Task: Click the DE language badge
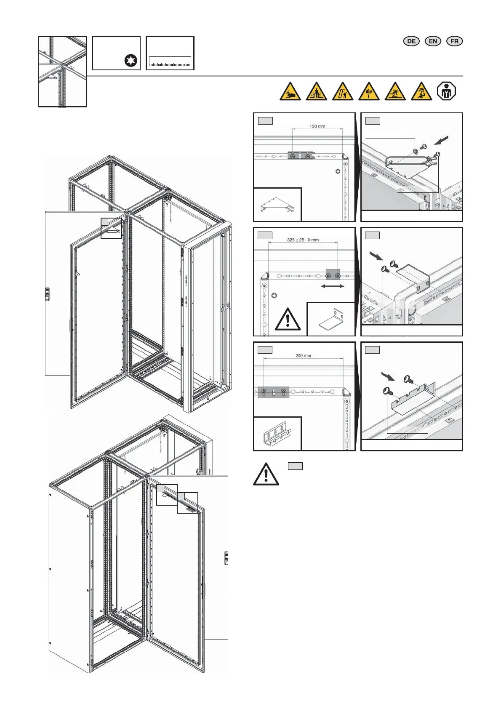[x=411, y=41]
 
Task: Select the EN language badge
[x=433, y=41]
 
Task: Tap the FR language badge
[x=454, y=41]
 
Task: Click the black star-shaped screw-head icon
[x=131, y=61]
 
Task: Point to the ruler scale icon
[x=170, y=62]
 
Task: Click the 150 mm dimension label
[x=317, y=126]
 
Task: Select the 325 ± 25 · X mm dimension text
[x=303, y=240]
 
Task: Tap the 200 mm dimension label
[x=303, y=355]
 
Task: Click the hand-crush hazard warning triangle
[x=290, y=92]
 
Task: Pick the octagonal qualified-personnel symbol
[x=447, y=91]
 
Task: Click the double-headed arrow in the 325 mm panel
[x=333, y=286]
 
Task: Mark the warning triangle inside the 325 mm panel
[x=288, y=320]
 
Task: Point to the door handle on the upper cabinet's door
[x=48, y=293]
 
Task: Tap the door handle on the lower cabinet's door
[x=226, y=558]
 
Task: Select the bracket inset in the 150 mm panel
[x=277, y=205]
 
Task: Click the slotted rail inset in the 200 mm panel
[x=277, y=434]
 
